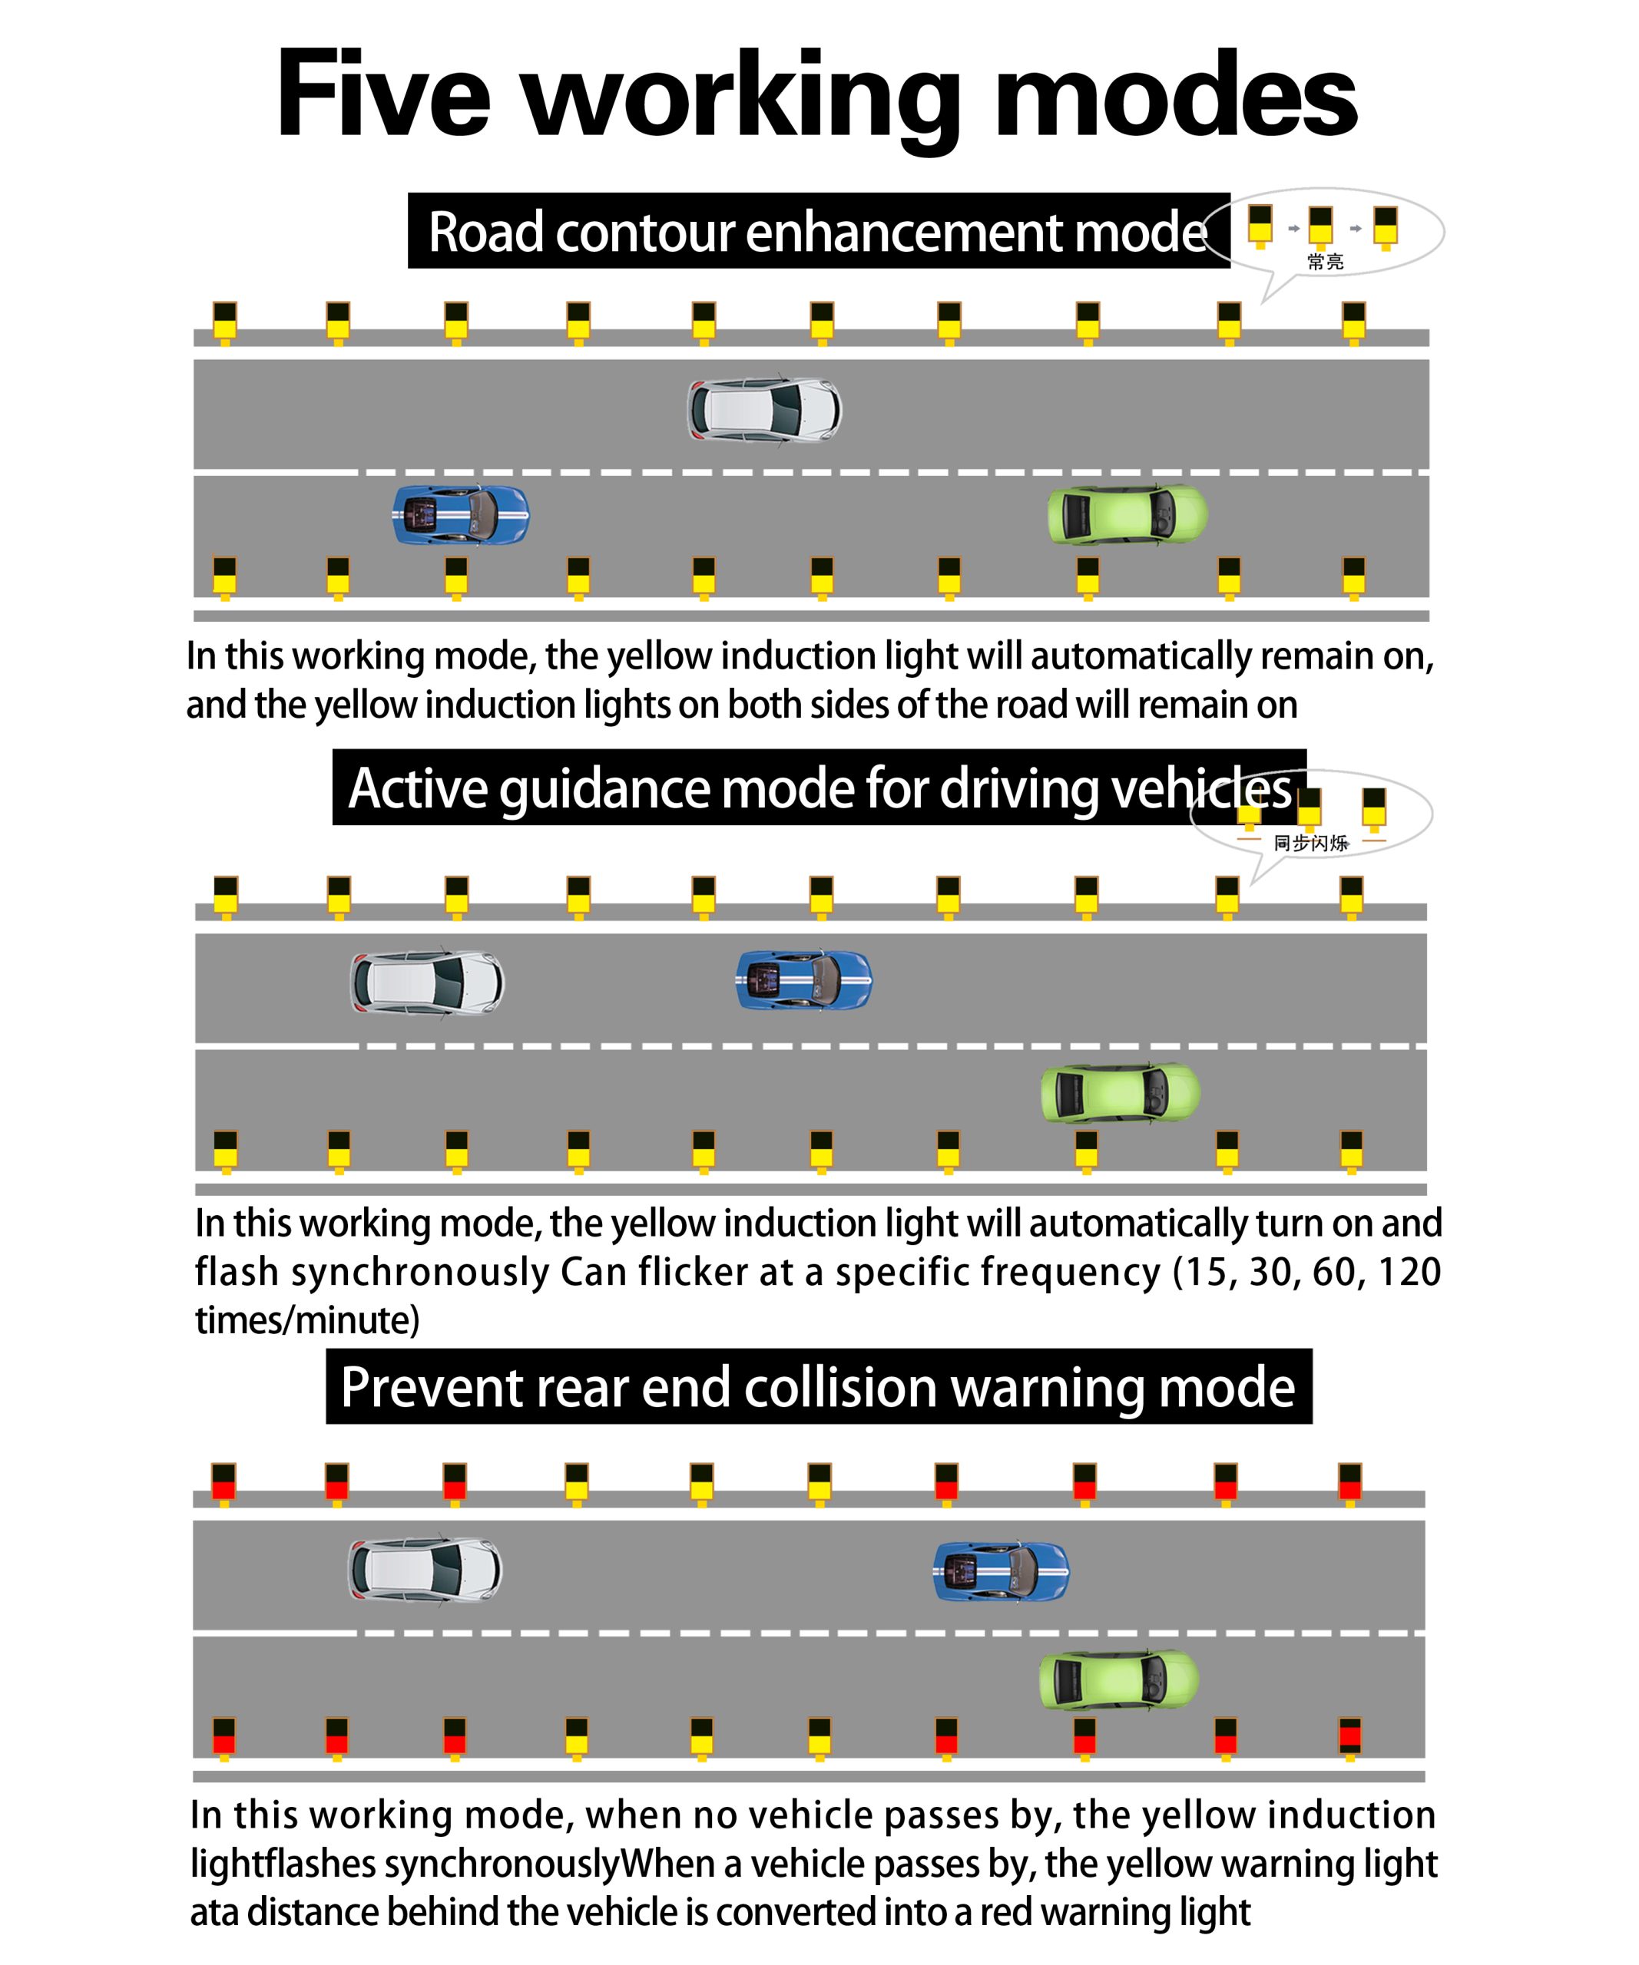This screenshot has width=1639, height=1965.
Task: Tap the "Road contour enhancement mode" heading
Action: coord(817,232)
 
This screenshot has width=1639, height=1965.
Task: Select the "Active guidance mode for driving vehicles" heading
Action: coord(819,788)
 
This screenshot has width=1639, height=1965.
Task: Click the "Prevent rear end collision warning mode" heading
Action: coord(818,1387)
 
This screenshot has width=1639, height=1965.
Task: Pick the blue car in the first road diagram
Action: coord(461,514)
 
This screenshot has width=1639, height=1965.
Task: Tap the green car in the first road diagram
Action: coord(1127,514)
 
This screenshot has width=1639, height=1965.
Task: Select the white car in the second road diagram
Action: coord(427,982)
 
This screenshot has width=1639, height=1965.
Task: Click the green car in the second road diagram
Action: coord(1121,1093)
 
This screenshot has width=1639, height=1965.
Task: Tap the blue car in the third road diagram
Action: coord(1001,1571)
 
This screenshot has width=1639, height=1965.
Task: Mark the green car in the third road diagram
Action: coord(1118,1680)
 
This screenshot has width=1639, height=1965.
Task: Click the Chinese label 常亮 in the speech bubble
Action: coord(1326,262)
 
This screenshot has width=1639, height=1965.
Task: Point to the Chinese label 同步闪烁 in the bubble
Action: coord(1310,843)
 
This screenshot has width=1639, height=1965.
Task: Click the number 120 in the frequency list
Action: coord(1409,1272)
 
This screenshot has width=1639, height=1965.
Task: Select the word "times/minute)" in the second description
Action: coord(307,1320)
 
